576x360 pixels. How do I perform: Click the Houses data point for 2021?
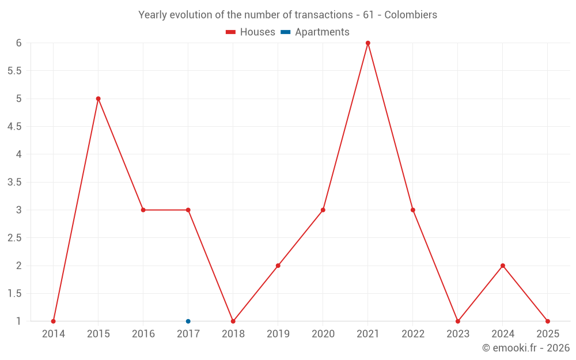click(x=367, y=43)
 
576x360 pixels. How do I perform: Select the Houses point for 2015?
click(x=98, y=98)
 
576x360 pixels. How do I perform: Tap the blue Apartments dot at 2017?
click(x=188, y=321)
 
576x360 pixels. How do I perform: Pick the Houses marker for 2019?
click(x=278, y=266)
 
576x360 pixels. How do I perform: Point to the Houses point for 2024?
click(x=503, y=266)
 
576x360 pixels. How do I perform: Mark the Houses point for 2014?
click(x=53, y=321)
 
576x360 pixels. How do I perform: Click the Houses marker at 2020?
click(x=323, y=210)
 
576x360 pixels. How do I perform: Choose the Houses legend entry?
click(x=251, y=32)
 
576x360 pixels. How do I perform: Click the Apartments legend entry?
click(x=315, y=32)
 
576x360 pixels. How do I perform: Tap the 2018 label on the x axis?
click(x=233, y=334)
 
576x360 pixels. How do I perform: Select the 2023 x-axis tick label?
click(x=458, y=334)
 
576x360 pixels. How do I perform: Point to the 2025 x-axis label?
click(x=548, y=334)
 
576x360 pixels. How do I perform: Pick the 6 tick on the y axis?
click(x=18, y=43)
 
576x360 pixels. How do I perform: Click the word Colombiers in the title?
click(x=411, y=15)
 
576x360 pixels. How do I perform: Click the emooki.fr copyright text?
click(x=526, y=348)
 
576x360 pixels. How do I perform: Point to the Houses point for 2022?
click(x=413, y=210)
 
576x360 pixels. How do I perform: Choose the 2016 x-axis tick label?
click(x=143, y=334)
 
